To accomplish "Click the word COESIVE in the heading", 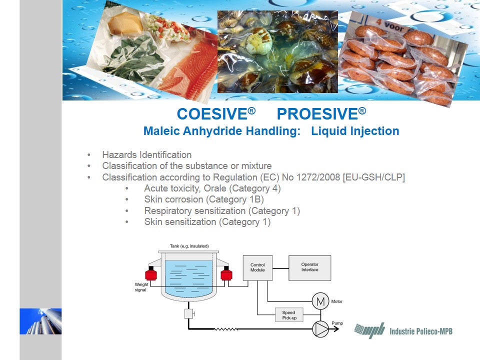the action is [x=212, y=114].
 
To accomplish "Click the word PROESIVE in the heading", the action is [x=317, y=114].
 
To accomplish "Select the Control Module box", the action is [x=257, y=268].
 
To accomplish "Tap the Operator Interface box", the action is [x=310, y=268].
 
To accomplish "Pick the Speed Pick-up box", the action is [x=289, y=314].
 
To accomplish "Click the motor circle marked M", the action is [x=320, y=301].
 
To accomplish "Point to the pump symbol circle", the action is [x=320, y=329].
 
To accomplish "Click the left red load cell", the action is [x=151, y=273].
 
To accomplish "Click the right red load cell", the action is [x=226, y=273].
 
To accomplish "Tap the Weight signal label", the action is [x=141, y=287].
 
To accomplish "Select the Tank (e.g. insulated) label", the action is [x=189, y=246].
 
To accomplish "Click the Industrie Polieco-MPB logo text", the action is [x=421, y=331].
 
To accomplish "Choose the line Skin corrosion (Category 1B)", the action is [x=204, y=199].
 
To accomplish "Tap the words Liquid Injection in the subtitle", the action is [x=355, y=131].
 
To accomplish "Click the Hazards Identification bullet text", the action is [x=147, y=154].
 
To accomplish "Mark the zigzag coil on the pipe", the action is [x=226, y=329].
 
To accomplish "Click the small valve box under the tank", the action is [x=188, y=314].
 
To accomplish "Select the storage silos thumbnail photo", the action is [x=40, y=321].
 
